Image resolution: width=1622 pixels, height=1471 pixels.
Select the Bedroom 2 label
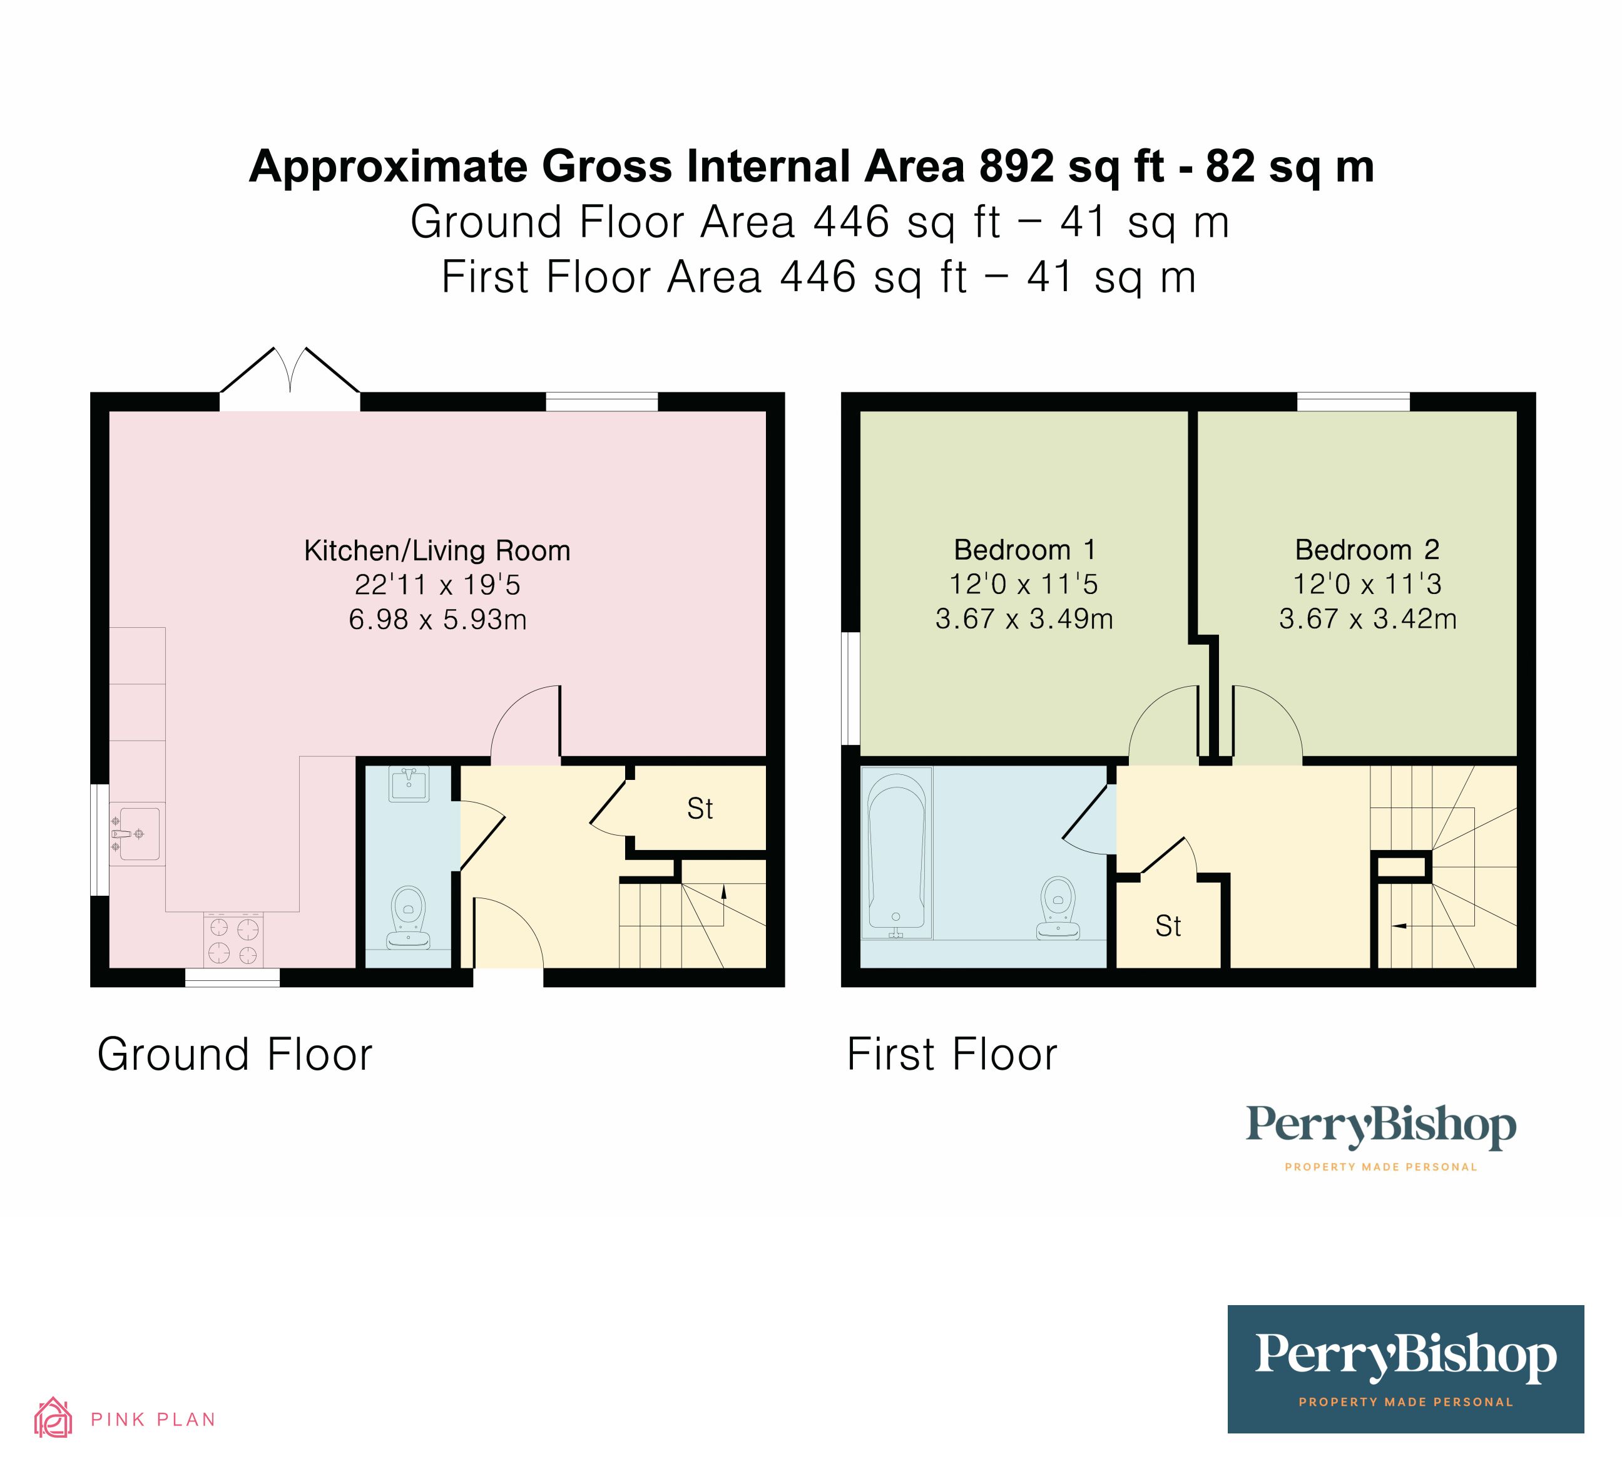[x=1367, y=550]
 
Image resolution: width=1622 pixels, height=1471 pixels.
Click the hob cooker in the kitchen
[x=233, y=940]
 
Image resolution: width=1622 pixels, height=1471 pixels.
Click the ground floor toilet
[x=408, y=918]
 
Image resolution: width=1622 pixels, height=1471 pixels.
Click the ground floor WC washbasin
[x=409, y=783]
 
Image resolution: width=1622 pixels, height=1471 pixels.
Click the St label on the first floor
[x=1168, y=927]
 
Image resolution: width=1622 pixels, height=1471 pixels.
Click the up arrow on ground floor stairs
[x=723, y=891]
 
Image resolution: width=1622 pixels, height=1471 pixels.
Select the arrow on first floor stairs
[x=1399, y=926]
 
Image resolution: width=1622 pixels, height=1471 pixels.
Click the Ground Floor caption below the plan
[x=234, y=1055]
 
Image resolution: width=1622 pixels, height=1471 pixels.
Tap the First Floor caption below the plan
[x=952, y=1055]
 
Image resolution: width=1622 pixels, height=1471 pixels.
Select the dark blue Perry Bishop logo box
[x=1405, y=1369]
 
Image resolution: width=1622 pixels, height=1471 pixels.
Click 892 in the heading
[x=1016, y=167]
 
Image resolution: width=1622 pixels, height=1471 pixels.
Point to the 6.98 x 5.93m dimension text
[x=437, y=620]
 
